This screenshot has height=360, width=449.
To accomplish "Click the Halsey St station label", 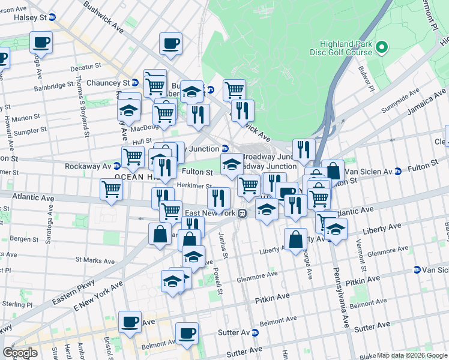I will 34,18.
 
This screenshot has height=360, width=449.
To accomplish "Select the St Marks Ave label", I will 90,260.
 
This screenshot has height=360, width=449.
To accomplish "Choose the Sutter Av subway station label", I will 237,332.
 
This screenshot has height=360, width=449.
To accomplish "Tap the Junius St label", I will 223,245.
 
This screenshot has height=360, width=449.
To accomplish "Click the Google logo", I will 20,353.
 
